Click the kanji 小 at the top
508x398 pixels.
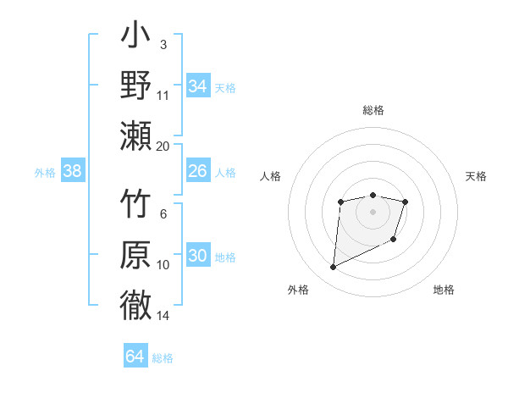point(135,40)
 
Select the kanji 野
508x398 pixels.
point(135,86)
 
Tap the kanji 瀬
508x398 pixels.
point(135,135)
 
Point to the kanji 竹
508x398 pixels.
point(135,206)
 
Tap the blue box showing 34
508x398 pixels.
point(197,86)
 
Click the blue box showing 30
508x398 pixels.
point(197,256)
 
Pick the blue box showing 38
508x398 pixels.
point(73,172)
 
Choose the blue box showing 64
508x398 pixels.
point(135,357)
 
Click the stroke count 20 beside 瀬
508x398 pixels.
point(163,146)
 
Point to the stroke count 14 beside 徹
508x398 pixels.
point(163,316)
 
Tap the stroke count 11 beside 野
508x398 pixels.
point(163,96)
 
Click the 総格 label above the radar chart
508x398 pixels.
point(373,110)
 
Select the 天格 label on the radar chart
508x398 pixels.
point(477,176)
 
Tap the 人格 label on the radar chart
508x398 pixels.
point(270,176)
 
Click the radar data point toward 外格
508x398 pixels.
point(333,268)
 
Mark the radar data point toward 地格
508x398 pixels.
point(394,240)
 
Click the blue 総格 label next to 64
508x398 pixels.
point(163,358)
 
